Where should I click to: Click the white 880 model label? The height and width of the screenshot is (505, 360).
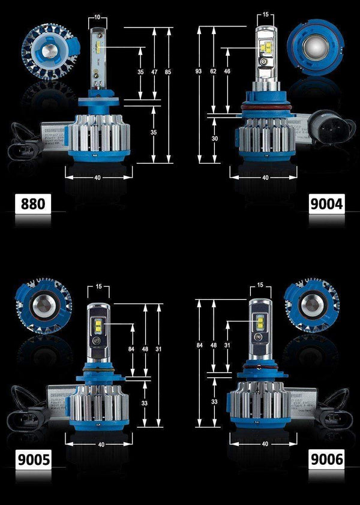pyautogui.click(x=32, y=204)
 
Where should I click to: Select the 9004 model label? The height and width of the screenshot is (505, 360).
pyautogui.click(x=326, y=204)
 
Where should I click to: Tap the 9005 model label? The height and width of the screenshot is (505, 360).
pyautogui.click(x=32, y=460)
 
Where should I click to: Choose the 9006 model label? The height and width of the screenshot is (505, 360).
pyautogui.click(x=326, y=460)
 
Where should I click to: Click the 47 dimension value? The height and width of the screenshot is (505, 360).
pyautogui.click(x=155, y=71)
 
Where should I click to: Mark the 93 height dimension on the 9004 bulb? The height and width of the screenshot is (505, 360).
pyautogui.click(x=199, y=72)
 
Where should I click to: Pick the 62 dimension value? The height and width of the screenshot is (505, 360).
pyautogui.click(x=213, y=71)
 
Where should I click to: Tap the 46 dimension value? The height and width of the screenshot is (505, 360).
pyautogui.click(x=227, y=71)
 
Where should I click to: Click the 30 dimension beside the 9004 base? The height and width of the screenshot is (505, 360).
pyautogui.click(x=215, y=138)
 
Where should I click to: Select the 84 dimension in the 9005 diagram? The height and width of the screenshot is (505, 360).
pyautogui.click(x=131, y=348)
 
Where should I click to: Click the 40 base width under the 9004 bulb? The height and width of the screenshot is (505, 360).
pyautogui.click(x=265, y=178)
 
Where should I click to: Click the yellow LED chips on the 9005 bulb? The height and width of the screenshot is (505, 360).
pyautogui.click(x=98, y=327)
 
